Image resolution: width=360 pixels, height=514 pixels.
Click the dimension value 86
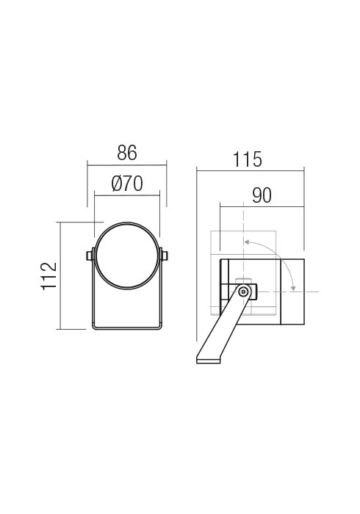(x=127, y=153)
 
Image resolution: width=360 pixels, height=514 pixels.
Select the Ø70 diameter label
(x=127, y=184)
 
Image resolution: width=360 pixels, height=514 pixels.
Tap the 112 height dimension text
(x=49, y=275)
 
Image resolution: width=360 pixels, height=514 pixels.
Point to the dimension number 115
(x=247, y=159)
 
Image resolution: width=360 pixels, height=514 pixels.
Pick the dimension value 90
(x=262, y=195)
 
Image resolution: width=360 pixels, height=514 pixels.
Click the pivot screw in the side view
(x=243, y=292)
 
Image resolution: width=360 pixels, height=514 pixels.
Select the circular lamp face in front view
(x=127, y=256)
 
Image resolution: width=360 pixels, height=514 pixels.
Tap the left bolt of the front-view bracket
(x=89, y=256)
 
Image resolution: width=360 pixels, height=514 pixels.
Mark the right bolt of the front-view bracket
(x=165, y=256)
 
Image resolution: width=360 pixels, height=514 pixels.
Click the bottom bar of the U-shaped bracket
(x=127, y=327)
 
